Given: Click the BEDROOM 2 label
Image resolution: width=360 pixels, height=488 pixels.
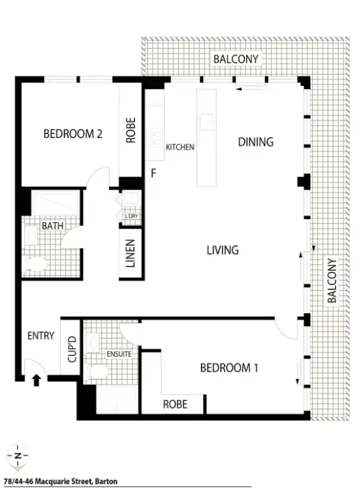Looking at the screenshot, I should [73, 134].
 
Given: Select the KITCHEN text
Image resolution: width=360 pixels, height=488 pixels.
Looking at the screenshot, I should [180, 148].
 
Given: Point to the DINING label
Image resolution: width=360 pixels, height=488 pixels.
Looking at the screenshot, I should [256, 142].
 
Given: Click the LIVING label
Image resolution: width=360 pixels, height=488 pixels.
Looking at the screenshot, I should [223, 250].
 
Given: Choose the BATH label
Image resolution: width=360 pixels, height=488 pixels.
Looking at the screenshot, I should [52, 226].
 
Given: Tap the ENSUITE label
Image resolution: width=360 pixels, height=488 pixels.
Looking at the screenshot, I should [119, 354].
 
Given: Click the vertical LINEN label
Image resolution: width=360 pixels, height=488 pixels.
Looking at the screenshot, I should [130, 253].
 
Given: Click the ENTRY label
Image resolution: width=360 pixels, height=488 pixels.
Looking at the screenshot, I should [41, 336].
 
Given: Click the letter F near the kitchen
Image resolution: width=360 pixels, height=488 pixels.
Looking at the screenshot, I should [153, 173].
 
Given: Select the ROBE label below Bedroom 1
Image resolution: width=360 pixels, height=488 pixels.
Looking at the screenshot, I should [175, 404].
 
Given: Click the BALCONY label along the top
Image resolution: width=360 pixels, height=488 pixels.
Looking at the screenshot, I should [236, 59].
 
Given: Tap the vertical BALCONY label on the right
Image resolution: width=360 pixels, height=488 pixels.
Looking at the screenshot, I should [332, 281].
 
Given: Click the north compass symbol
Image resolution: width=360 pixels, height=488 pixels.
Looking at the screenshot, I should [17, 456].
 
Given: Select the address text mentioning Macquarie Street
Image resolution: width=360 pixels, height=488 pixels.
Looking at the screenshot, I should [61, 480].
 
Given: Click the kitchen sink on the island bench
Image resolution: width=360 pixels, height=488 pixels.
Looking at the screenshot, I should [207, 121].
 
